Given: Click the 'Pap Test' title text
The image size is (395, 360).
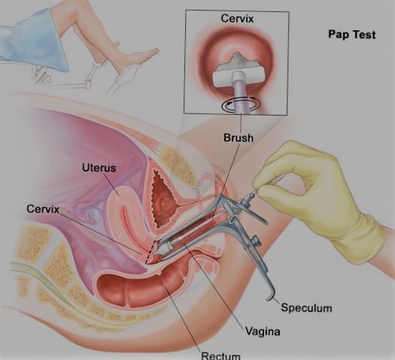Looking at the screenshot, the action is (x=352, y=35).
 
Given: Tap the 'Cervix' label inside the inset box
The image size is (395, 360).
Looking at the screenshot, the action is (x=237, y=19).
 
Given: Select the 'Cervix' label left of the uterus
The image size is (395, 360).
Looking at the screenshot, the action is (x=43, y=209).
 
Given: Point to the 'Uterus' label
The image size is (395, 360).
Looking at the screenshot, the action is (x=99, y=168).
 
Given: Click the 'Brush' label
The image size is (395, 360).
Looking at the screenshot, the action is (x=239, y=138).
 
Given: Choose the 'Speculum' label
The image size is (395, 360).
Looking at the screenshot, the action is (x=306, y=308).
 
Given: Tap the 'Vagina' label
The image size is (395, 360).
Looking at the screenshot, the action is (x=263, y=331).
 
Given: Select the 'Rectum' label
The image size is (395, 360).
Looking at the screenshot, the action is (x=220, y=355).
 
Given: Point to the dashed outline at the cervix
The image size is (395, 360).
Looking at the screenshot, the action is (x=150, y=252).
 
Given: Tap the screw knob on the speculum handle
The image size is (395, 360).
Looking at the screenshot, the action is (x=257, y=240).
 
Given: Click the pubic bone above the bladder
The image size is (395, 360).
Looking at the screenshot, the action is (x=176, y=164).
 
